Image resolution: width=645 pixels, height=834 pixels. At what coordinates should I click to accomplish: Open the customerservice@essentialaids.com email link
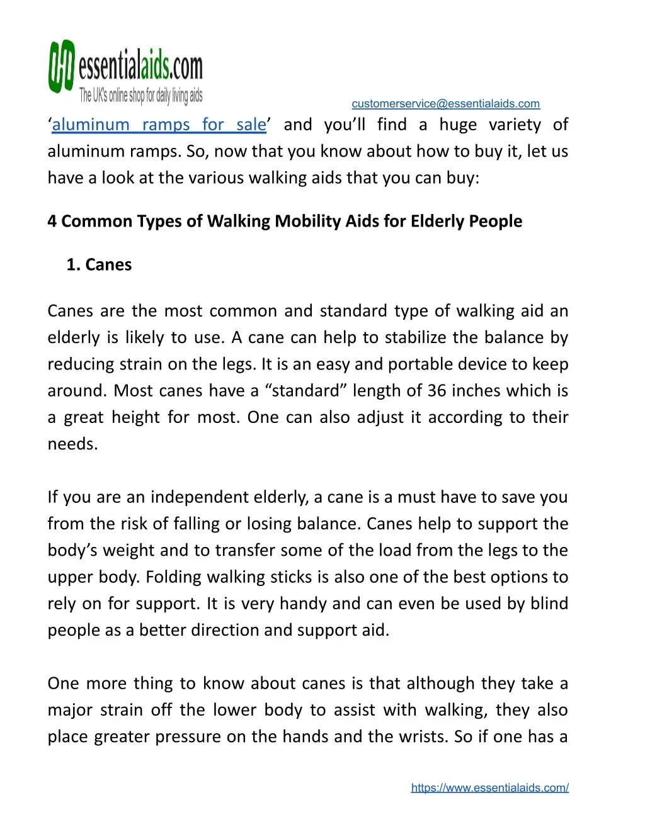[x=445, y=104]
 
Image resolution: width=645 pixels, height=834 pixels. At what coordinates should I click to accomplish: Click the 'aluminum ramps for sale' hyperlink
[x=159, y=125]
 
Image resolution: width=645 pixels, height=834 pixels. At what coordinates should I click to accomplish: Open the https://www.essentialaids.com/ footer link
[x=489, y=787]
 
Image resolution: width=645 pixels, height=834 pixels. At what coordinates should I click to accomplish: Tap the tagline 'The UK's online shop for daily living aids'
[x=140, y=96]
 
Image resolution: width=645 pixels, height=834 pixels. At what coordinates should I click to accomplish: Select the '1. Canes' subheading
[x=99, y=265]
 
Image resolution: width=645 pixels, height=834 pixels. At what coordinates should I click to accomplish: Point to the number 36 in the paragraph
[x=437, y=391]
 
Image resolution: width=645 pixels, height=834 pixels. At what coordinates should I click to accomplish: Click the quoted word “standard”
[x=305, y=391]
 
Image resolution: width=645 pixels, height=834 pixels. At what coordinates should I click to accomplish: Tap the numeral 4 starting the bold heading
[x=52, y=222]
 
